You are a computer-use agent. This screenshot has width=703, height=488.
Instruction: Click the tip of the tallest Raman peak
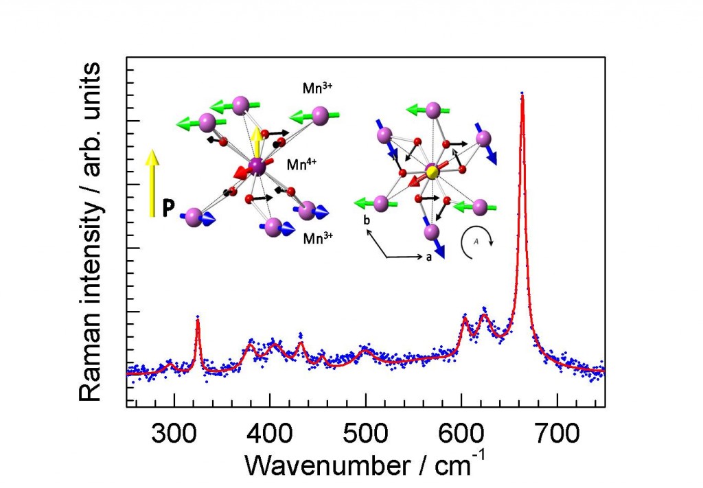click(x=522, y=95)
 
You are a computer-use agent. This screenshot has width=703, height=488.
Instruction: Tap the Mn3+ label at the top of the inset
click(x=317, y=89)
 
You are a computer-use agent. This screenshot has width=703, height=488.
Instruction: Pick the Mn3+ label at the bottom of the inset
click(x=316, y=240)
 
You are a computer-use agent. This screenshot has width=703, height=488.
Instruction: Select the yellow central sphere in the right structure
click(x=432, y=171)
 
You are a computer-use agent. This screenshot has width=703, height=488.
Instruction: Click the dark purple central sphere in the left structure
click(x=255, y=165)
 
